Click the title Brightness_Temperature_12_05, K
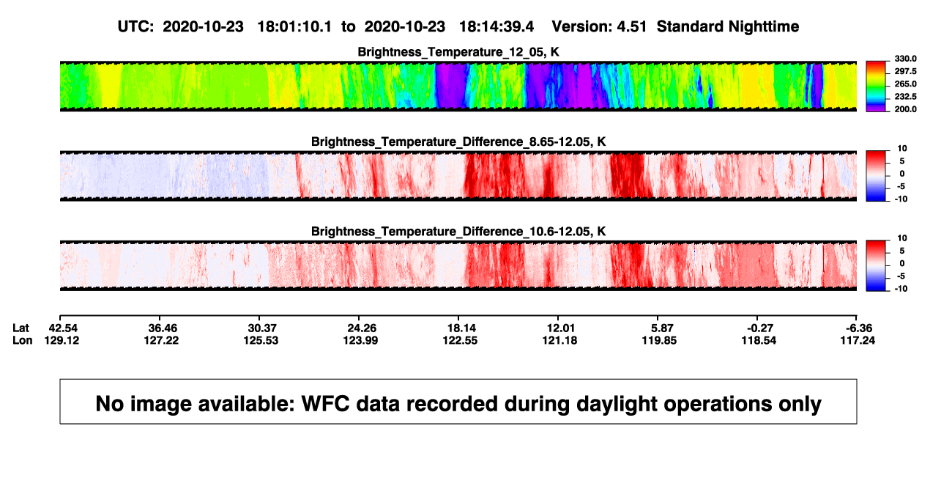458,52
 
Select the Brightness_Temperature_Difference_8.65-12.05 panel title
458,141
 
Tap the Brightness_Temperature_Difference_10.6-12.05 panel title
458,232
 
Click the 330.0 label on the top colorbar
905,59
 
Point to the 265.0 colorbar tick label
905,84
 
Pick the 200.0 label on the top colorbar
905,109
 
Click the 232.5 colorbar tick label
905,97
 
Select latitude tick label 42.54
63,328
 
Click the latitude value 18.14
461,328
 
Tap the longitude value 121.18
559,340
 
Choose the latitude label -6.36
858,328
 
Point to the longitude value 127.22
161,340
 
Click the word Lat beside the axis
21,328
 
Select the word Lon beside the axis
22,340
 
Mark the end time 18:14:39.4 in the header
497,27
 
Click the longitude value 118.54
759,340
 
